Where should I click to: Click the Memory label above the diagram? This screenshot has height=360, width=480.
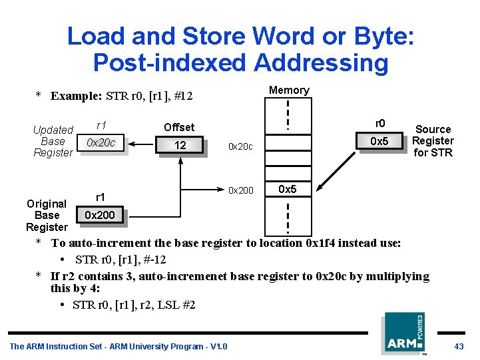pos(289,90)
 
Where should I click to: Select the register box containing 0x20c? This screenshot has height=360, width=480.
pos(101,143)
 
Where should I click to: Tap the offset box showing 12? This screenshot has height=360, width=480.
pos(180,145)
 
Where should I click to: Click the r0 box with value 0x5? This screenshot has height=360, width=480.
pos(379,141)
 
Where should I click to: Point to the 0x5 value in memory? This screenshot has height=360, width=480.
pos(287,190)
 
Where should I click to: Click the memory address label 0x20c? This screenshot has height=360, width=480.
pos(240,146)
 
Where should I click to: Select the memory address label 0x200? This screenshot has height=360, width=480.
pos(240,190)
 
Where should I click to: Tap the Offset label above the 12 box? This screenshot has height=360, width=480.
pos(179,127)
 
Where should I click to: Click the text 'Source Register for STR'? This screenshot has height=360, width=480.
pos(433,141)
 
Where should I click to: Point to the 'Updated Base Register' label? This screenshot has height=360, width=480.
pos(53,141)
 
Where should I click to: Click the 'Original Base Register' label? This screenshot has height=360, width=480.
pos(47,215)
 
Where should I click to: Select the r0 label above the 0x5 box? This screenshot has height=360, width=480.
pos(379,123)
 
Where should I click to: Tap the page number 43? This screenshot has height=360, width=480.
pos(459,346)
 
